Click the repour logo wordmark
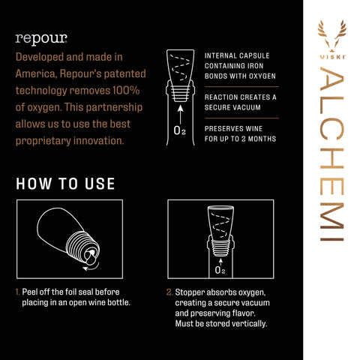(41, 39)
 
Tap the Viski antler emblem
(332, 35)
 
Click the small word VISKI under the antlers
(332, 57)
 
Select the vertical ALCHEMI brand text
(332, 154)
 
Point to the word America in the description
(36, 74)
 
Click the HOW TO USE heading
(65, 184)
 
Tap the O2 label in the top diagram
(179, 130)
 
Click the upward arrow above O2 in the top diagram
(181, 114)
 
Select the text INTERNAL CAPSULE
(237, 55)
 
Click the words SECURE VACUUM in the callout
(232, 107)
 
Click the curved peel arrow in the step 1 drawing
(91, 266)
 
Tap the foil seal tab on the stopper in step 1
(89, 257)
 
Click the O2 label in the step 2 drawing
(220, 270)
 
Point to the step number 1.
(17, 292)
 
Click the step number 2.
(169, 292)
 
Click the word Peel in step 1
(29, 292)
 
